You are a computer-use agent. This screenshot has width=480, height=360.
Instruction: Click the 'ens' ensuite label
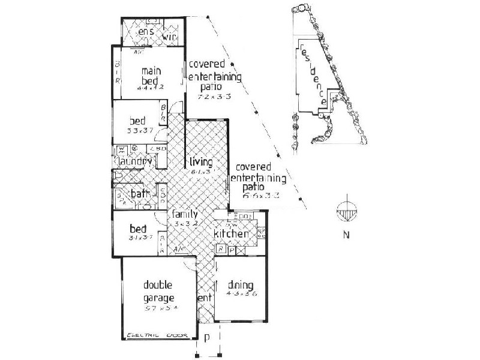pos(147,31)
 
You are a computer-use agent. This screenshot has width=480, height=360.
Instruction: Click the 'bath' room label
pos(140,194)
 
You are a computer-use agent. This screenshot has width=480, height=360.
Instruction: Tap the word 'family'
pos(185,214)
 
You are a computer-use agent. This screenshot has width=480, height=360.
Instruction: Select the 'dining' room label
pos(240,285)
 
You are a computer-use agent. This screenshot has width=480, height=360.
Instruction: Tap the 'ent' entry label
pos(203,297)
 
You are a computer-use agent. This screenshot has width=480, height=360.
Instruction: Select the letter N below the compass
pos(346,235)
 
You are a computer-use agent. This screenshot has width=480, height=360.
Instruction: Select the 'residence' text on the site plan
pos(314,76)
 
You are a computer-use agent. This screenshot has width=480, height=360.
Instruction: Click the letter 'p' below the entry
pos(207,338)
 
